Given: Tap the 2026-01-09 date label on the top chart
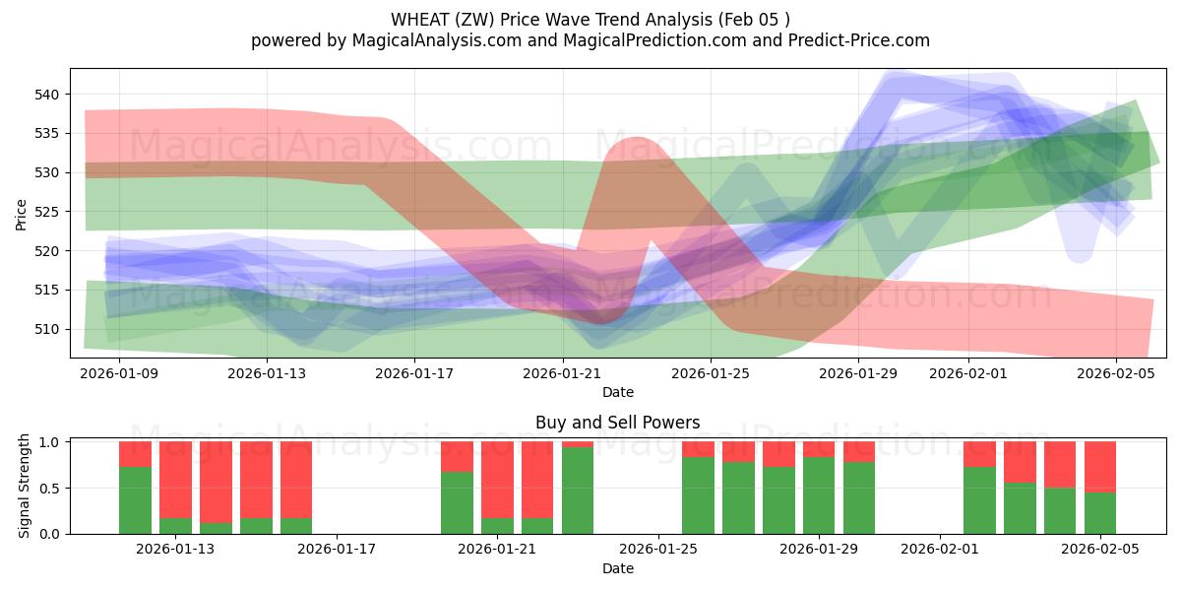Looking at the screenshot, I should (x=119, y=373).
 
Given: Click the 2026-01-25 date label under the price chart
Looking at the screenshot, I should (x=712, y=373).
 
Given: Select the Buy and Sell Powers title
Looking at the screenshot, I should (x=617, y=423).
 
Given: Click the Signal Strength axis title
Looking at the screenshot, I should (x=24, y=488).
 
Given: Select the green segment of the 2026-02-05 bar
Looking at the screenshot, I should (x=1100, y=513).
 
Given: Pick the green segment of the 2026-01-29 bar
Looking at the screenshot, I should (x=819, y=495).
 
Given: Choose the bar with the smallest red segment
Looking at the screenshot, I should (x=578, y=444).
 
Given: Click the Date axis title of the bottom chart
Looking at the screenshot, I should (x=617, y=568).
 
